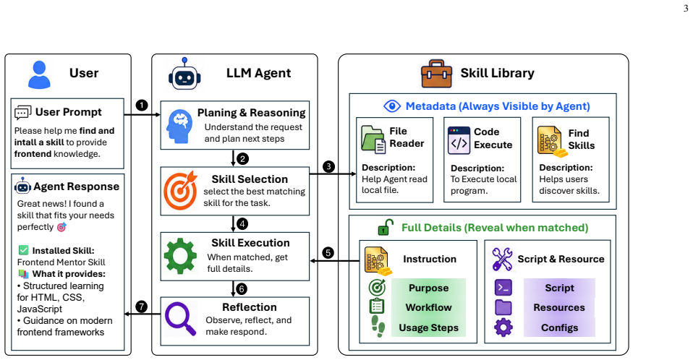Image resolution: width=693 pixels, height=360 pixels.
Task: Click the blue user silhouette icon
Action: (39, 74)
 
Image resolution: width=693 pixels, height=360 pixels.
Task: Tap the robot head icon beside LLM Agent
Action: (184, 74)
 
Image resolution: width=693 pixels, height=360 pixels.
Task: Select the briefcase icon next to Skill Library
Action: (437, 74)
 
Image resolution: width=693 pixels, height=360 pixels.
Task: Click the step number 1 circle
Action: (142, 105)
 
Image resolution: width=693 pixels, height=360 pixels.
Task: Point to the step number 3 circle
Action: (328, 166)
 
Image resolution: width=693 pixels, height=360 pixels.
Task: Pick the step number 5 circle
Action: (328, 253)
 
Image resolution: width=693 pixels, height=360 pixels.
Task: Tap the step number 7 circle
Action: (142, 307)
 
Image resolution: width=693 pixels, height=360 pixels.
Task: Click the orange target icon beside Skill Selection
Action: (180, 190)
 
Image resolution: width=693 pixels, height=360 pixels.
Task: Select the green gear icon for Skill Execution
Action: (180, 256)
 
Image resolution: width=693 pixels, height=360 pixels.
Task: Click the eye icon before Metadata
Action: (392, 106)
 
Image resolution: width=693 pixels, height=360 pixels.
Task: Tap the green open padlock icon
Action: (386, 227)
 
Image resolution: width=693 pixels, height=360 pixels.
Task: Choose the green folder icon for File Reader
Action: (373, 140)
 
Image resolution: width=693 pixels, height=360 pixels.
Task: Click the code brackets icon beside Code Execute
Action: (459, 140)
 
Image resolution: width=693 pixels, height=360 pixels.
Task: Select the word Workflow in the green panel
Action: (429, 307)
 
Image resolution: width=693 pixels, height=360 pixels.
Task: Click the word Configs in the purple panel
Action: (559, 327)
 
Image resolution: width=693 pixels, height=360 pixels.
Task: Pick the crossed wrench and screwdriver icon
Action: (503, 259)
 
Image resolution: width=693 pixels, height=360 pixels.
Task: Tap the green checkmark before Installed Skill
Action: (23, 250)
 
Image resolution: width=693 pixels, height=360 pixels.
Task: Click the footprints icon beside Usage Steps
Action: (378, 327)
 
